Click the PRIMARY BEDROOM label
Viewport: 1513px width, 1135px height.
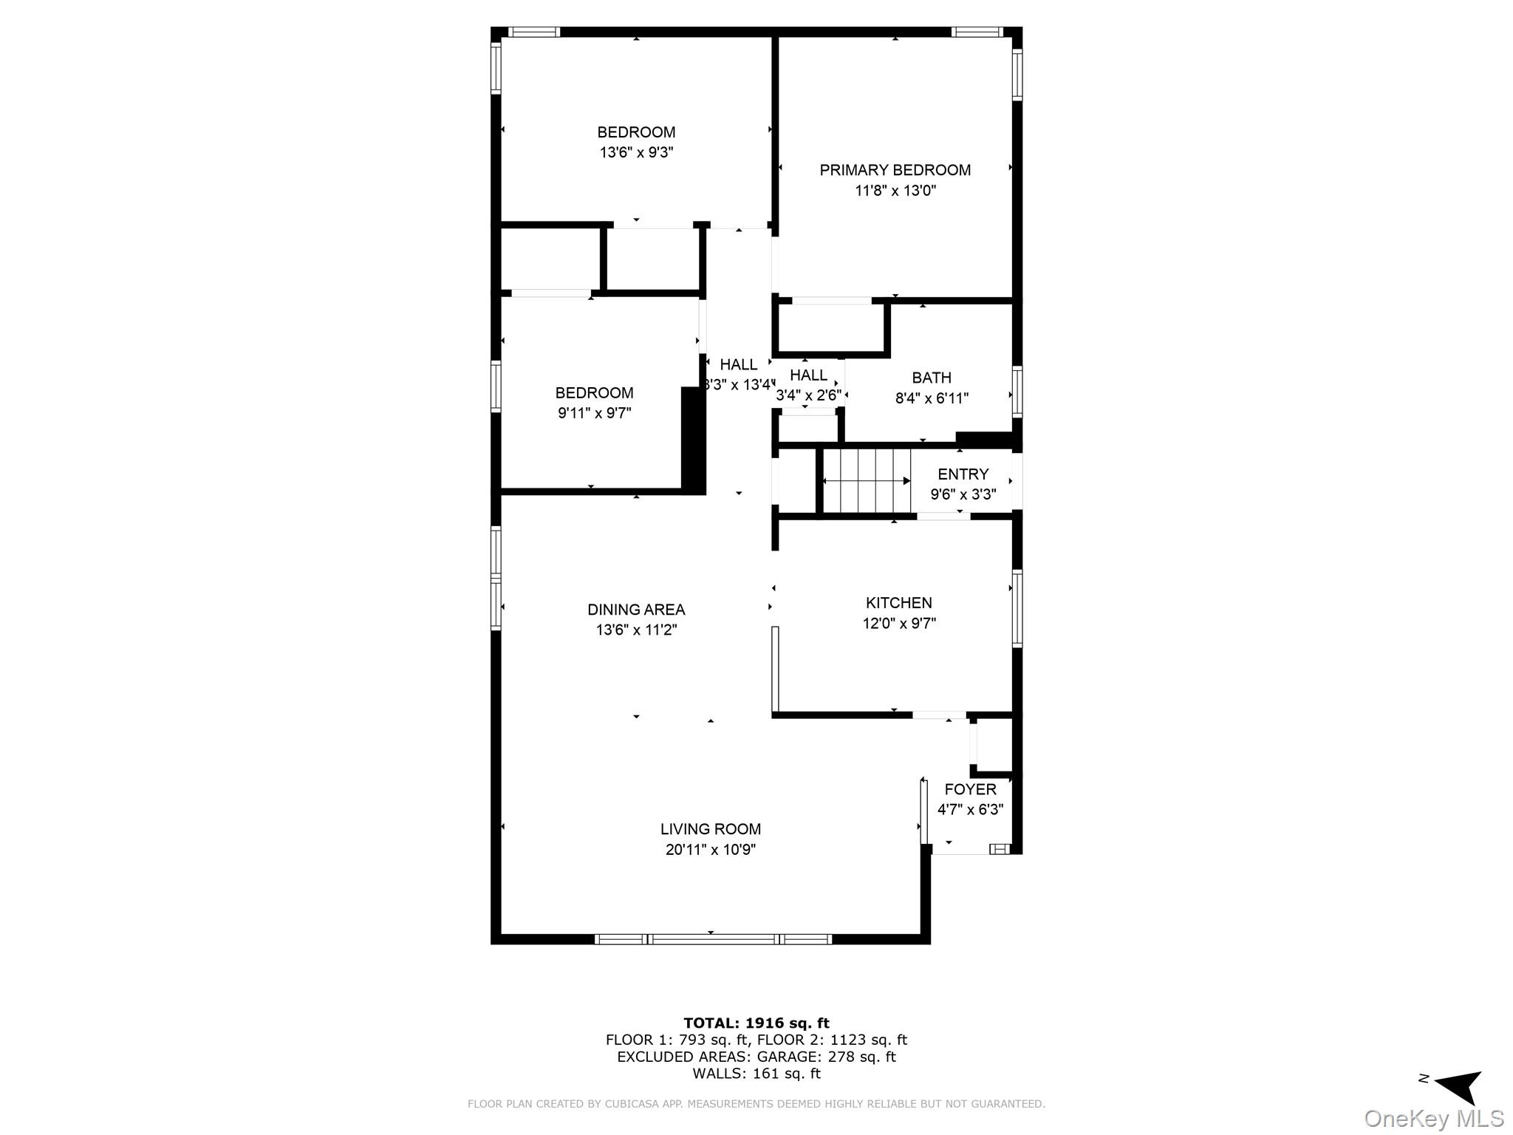(895, 170)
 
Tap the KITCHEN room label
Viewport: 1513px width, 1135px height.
(898, 603)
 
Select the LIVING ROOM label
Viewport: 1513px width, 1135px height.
(710, 829)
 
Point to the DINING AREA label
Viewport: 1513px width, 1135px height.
(635, 610)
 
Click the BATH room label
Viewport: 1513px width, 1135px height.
(931, 378)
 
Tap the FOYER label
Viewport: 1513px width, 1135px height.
(970, 789)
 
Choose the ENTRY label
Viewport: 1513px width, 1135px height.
(963, 474)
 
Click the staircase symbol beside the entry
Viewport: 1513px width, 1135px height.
(866, 481)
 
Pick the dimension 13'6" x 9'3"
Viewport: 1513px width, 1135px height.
(636, 153)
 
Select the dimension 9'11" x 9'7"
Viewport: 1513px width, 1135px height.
(594, 413)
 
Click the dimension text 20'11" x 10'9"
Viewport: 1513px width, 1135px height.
(710, 850)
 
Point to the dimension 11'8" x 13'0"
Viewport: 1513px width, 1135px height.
(895, 191)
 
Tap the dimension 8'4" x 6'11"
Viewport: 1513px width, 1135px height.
(931, 398)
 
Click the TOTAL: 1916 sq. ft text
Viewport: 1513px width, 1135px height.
(756, 1023)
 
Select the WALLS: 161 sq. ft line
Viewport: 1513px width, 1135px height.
(756, 1074)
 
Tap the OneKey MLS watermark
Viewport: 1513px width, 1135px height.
(1433, 1119)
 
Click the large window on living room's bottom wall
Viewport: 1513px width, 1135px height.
(713, 939)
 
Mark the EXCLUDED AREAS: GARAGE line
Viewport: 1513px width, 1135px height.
(756, 1057)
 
